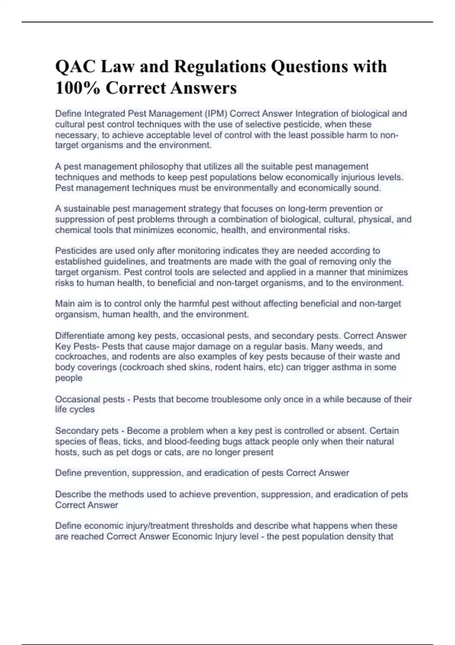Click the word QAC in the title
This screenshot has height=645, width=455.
[74, 67]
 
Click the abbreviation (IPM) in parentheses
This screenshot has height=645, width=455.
[216, 114]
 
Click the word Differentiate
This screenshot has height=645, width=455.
[80, 336]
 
